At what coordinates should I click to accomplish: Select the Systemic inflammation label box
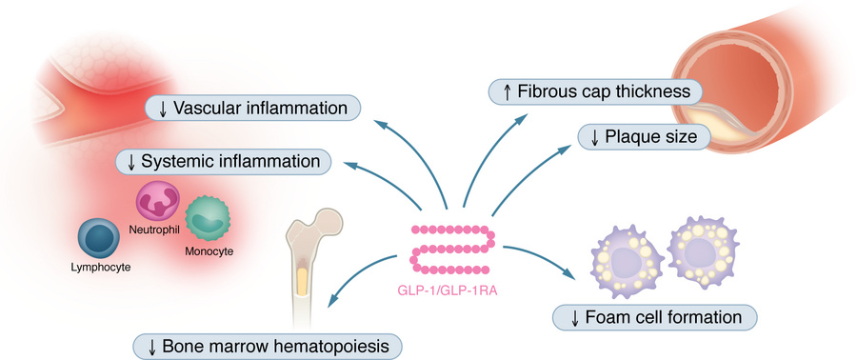[x=224, y=162]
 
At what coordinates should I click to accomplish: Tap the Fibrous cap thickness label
[x=595, y=92]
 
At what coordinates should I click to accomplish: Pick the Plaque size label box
[x=646, y=137]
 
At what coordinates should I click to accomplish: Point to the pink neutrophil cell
[x=157, y=202]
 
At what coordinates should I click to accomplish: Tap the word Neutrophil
[x=152, y=230]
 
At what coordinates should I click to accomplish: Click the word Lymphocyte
[x=99, y=268]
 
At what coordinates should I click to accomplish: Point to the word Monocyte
[x=209, y=251]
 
